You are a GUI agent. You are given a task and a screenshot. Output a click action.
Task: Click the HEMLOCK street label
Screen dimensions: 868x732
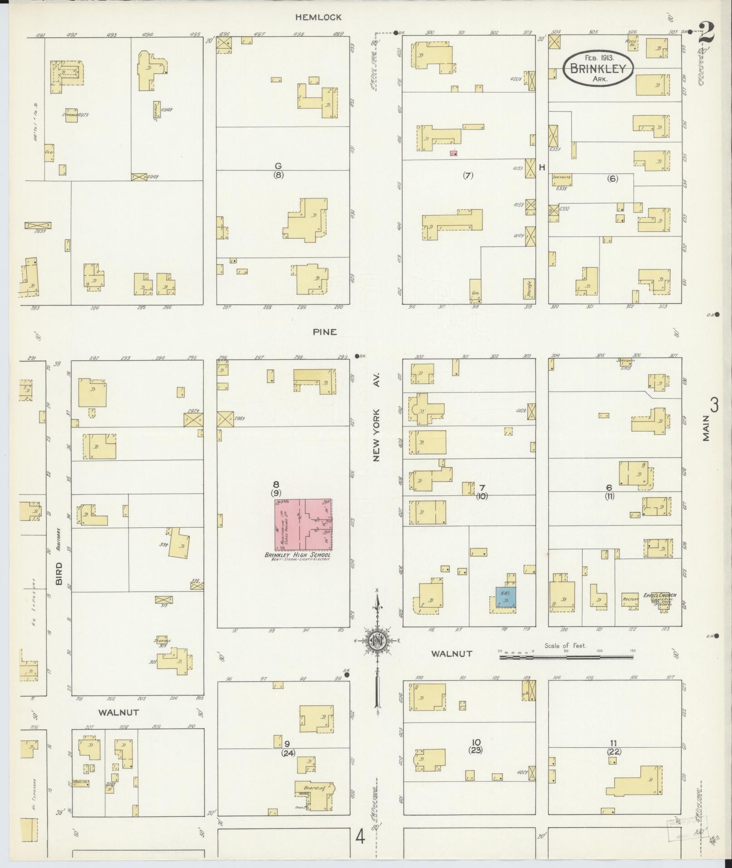(x=318, y=17)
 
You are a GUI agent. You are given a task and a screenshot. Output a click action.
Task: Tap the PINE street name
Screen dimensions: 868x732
(x=325, y=332)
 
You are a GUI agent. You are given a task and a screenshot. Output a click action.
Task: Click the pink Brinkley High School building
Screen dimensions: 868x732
(x=303, y=525)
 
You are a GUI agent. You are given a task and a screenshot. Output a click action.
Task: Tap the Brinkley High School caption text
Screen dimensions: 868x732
(x=298, y=555)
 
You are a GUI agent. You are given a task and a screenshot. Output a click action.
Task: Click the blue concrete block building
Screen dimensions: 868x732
(x=506, y=598)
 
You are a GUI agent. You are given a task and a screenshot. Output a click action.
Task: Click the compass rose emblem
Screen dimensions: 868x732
(x=377, y=640)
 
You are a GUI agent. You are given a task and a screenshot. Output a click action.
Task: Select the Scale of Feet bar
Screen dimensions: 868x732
(x=565, y=656)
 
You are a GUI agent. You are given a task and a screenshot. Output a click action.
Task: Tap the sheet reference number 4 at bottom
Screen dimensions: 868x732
(x=360, y=836)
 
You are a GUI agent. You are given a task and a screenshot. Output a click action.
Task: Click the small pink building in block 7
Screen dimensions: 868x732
(x=453, y=153)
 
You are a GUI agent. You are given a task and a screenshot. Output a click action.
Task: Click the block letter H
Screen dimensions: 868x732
(x=542, y=167)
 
